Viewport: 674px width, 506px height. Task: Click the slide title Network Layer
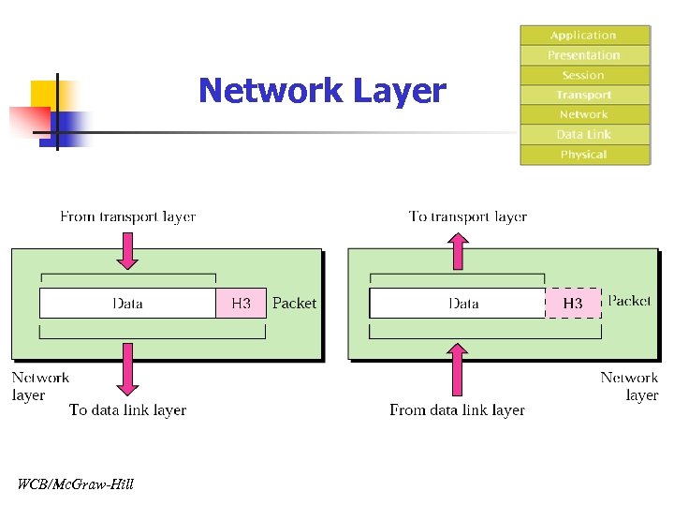pos(322,91)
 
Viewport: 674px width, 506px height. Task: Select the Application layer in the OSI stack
pos(584,36)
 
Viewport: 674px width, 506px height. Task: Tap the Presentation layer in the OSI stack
pos(584,55)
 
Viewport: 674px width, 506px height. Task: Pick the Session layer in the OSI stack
pos(584,75)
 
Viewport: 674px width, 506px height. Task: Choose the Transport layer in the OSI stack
pos(584,95)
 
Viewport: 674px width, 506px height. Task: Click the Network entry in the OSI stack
pos(584,114)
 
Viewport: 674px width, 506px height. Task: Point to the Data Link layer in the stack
pos(584,134)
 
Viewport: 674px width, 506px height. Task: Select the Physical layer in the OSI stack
pos(584,155)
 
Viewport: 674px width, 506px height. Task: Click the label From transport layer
pos(128,216)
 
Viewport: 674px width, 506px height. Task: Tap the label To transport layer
pos(468,216)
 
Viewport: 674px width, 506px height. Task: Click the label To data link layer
pos(128,409)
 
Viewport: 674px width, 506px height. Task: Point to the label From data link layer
pos(457,409)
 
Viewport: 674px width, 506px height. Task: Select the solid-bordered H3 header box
pos(242,303)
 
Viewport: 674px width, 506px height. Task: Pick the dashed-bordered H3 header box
pos(573,303)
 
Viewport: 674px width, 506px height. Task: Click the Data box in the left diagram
pos(128,303)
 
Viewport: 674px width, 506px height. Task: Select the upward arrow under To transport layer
pos(458,250)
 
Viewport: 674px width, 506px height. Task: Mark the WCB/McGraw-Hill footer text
pos(76,484)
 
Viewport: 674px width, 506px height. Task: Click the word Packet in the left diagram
pos(294,303)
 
